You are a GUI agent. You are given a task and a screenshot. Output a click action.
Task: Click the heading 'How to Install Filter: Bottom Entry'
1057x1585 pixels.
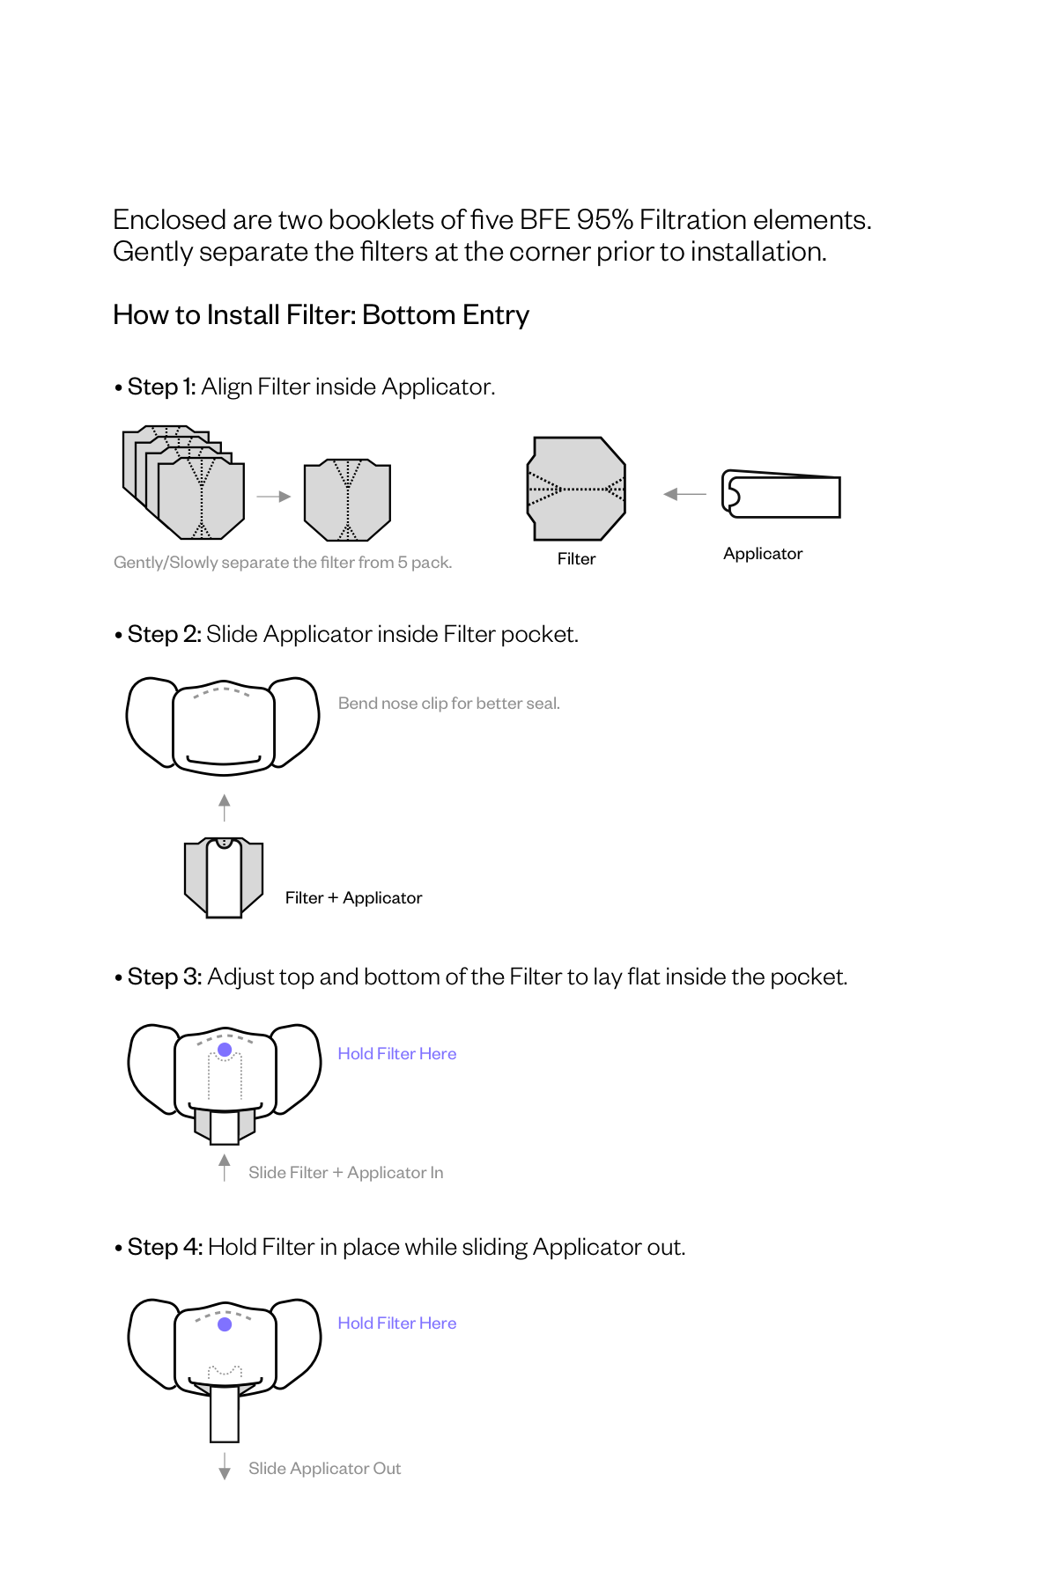[321, 315]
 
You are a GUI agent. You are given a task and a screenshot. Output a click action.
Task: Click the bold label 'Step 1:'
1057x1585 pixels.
[161, 387]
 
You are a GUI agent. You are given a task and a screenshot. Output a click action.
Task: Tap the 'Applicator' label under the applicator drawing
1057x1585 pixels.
[762, 554]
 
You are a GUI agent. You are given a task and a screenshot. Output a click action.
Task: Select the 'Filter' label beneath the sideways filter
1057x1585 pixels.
[576, 559]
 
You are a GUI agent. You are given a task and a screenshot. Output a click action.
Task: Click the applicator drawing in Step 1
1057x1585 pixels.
[781, 495]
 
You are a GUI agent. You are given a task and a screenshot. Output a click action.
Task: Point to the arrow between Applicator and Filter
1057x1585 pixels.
[684, 494]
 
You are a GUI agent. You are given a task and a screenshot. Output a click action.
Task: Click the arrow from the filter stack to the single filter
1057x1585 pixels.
[273, 497]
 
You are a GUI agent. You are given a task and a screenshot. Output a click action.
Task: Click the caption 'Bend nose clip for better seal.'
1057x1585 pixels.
[448, 704]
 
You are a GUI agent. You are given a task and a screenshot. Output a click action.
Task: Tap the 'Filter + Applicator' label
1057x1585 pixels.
[353, 898]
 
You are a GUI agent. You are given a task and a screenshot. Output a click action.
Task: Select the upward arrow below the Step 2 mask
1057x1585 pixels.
[225, 807]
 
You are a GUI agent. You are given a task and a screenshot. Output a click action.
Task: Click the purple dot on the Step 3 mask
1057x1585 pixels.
[225, 1050]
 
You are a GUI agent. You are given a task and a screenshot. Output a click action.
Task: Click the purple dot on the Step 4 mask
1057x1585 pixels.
[225, 1324]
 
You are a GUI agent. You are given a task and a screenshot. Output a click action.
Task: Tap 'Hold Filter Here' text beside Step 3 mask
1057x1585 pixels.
[396, 1054]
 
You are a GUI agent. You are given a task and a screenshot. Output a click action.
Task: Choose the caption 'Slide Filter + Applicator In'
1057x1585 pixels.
[345, 1173]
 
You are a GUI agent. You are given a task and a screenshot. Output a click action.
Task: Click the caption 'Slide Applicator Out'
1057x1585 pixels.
[324, 1469]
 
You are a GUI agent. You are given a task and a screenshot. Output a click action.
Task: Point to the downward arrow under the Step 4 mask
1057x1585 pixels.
[225, 1467]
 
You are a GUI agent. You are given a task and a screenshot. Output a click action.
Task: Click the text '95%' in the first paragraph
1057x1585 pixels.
[604, 219]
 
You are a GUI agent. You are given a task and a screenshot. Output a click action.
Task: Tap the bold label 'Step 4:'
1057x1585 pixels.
[165, 1247]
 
